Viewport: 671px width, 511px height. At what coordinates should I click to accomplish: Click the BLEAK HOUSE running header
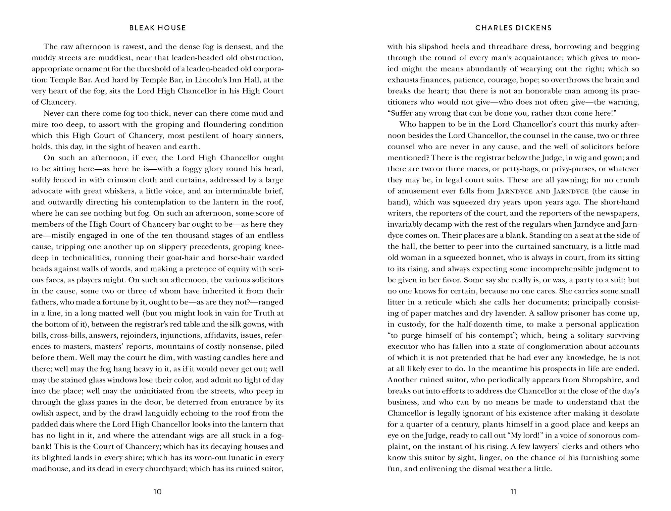pyautogui.click(x=157, y=28)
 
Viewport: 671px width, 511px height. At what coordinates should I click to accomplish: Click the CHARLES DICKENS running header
pyautogui.click(x=513, y=28)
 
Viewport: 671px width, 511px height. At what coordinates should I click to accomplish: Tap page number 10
pyautogui.click(x=157, y=492)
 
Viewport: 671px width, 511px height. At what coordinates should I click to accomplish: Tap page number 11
pyautogui.click(x=513, y=492)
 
